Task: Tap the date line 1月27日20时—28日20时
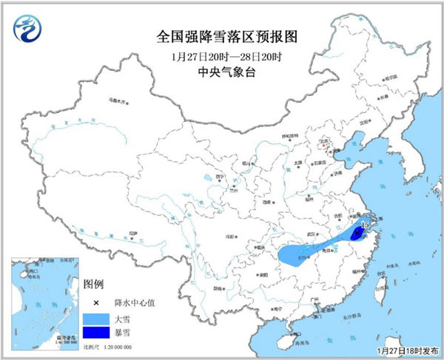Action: (221, 56)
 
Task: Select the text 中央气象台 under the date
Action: (221, 72)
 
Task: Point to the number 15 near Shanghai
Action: (363, 223)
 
